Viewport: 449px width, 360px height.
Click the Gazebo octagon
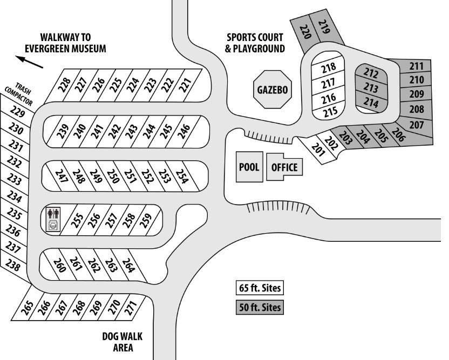(x=273, y=89)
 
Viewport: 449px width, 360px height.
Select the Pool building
(x=249, y=166)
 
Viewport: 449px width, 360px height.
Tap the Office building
(x=284, y=167)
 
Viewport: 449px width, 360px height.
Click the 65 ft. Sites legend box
(x=260, y=288)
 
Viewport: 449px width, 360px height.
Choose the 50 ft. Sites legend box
(x=260, y=308)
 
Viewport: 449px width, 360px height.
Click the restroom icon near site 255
(x=53, y=213)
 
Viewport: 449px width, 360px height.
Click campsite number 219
(x=324, y=27)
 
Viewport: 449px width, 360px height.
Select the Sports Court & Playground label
(x=255, y=43)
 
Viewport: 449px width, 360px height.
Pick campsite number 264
(x=128, y=265)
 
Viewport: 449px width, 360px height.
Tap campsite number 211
(x=416, y=67)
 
